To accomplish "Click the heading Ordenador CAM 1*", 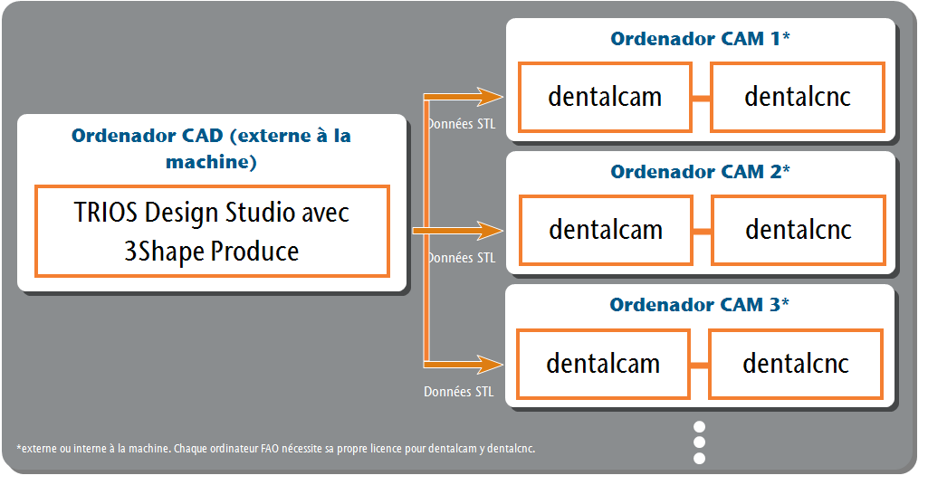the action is [700, 38].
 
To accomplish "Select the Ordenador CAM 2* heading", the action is [700, 172].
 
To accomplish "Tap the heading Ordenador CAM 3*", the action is [700, 305].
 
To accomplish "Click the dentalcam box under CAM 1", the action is [605, 97].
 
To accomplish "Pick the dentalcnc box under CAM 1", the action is [798, 97].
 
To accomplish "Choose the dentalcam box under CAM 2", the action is [606, 230].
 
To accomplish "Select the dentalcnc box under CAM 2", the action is [799, 230].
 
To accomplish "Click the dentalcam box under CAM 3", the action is [603, 364].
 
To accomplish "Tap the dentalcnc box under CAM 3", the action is [796, 364].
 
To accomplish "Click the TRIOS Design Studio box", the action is [212, 232].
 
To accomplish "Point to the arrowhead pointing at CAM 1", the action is [490, 97].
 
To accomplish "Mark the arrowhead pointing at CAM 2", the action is [490, 230].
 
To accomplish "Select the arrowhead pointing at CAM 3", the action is [490, 365].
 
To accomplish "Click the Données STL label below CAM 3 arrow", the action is [459, 392].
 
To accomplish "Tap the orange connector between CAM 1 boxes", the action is [702, 99].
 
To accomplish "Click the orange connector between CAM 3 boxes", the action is [700, 366].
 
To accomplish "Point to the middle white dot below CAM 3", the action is [700, 442].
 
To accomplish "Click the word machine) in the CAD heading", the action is [211, 162].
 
